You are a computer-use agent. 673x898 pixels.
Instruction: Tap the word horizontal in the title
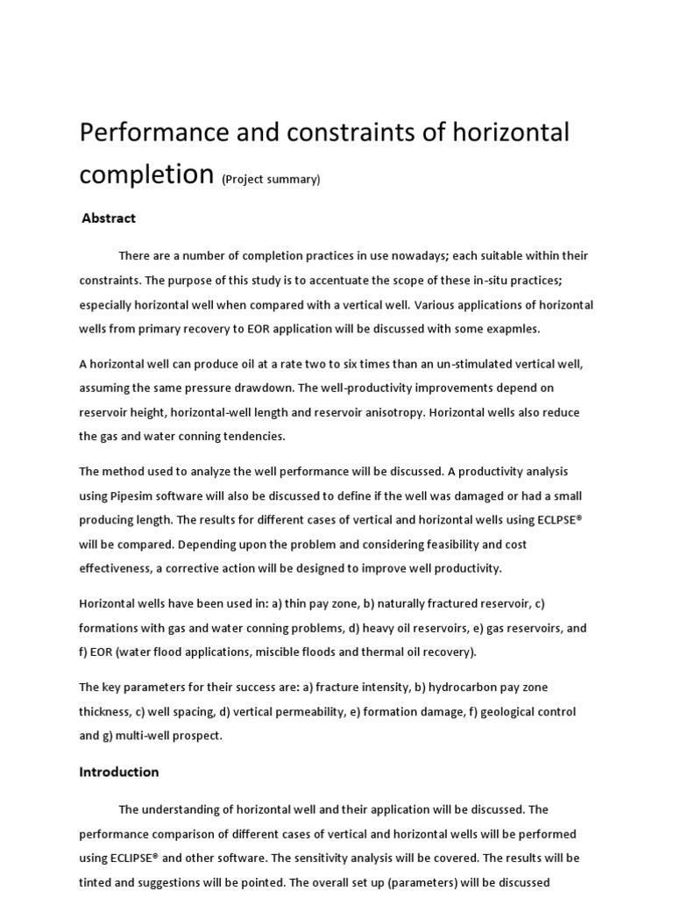[x=504, y=133]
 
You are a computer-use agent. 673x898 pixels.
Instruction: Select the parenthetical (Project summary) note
[x=271, y=179]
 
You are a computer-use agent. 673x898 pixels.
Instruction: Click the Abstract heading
[x=109, y=218]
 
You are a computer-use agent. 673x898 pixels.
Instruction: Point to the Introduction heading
[x=119, y=772]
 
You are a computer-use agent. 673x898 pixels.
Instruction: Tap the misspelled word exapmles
[x=513, y=330]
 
